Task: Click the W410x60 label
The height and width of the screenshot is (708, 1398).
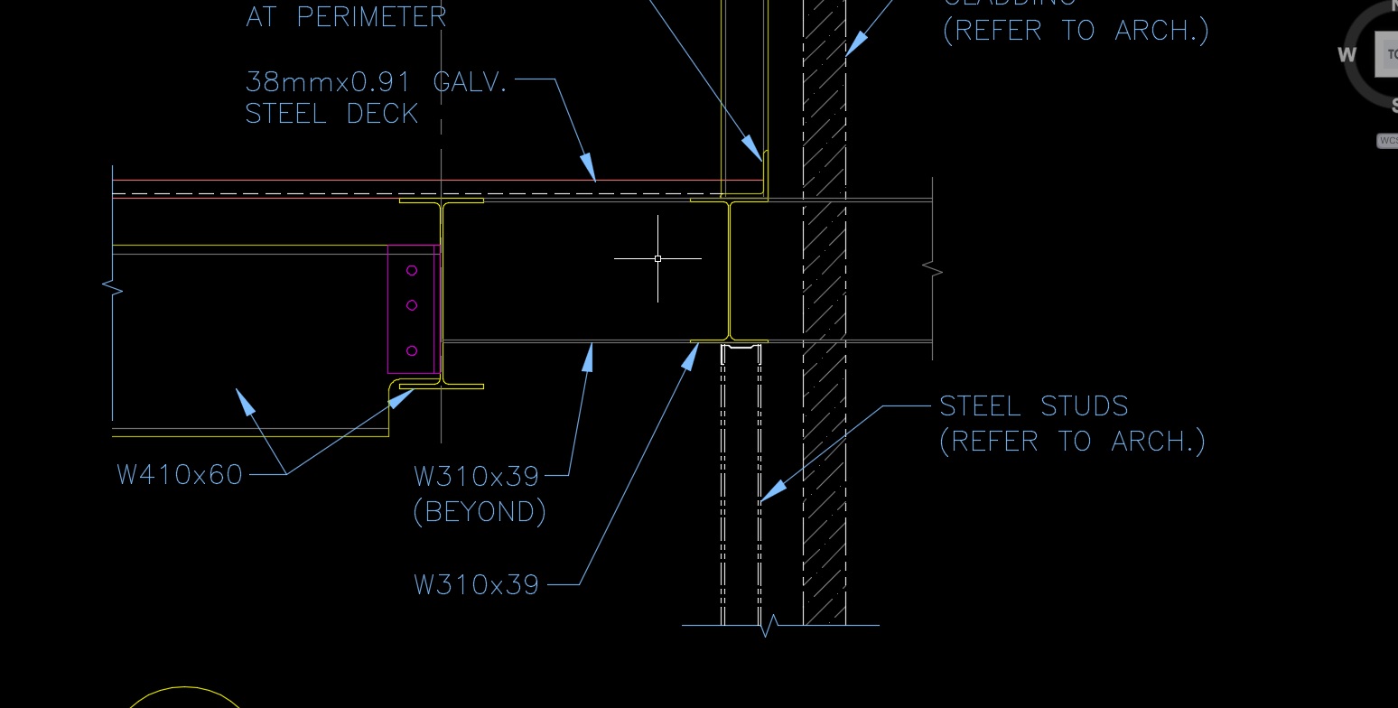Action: [x=180, y=474]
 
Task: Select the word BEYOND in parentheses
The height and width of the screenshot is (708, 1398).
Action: [x=480, y=512]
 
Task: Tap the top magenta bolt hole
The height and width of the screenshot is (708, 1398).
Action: [x=412, y=270]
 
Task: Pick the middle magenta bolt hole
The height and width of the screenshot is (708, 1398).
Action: [x=412, y=305]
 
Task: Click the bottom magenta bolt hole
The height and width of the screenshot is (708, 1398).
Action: [x=412, y=350]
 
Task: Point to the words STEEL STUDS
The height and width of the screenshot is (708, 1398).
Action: [x=1034, y=406]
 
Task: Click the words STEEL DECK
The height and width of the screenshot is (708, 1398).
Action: [x=331, y=114]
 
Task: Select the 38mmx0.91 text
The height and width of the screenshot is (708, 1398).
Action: [x=327, y=82]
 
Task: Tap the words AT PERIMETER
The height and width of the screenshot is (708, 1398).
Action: [x=346, y=16]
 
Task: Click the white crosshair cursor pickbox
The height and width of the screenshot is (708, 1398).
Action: [x=657, y=258]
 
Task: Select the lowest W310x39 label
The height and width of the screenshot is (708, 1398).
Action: [x=476, y=584]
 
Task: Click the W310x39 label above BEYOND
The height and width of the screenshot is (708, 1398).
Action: [x=476, y=475]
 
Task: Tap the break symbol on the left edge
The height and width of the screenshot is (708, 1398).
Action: [x=113, y=288]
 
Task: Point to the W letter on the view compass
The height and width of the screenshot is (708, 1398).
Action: [x=1347, y=54]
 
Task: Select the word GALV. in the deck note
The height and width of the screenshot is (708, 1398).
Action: [x=471, y=82]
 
